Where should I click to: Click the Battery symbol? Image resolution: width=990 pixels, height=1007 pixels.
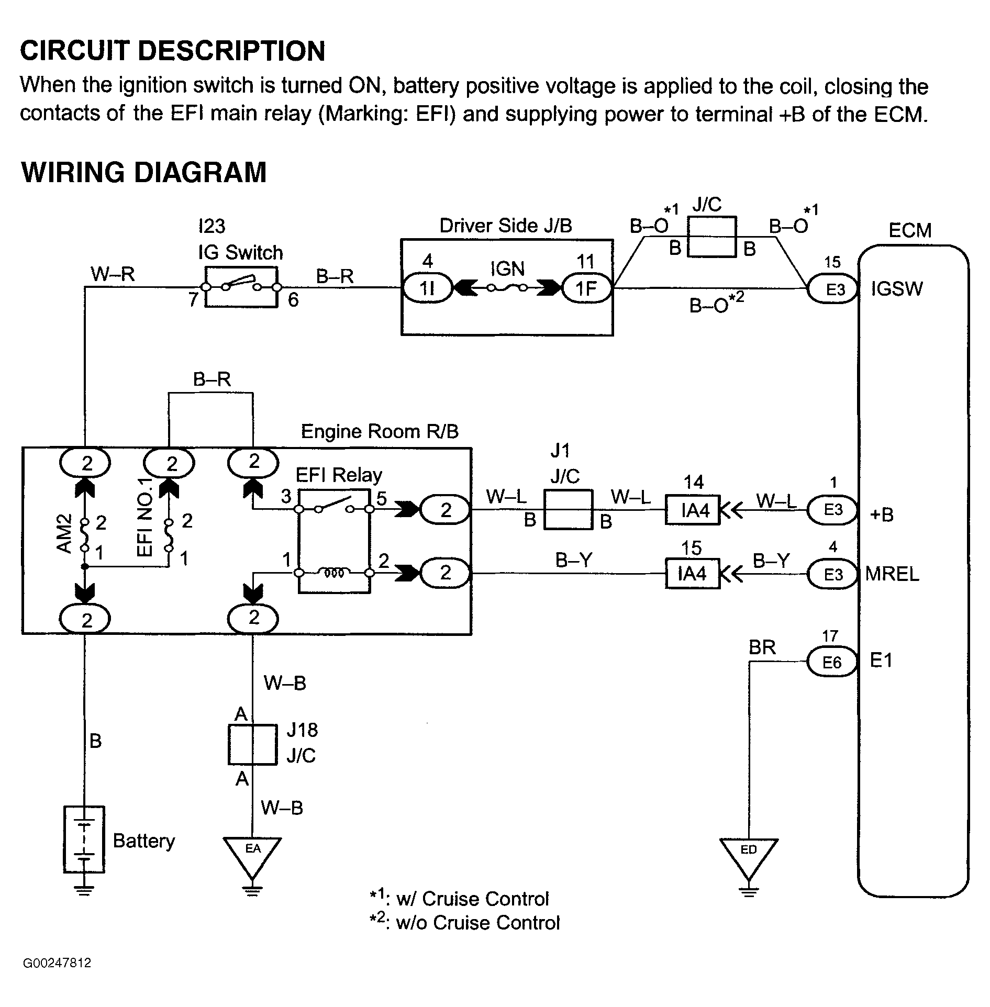[84, 840]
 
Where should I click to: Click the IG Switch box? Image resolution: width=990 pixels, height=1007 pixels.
[241, 287]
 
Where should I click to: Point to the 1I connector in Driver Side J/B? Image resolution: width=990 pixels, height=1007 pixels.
[427, 288]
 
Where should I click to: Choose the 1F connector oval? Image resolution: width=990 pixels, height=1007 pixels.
[586, 288]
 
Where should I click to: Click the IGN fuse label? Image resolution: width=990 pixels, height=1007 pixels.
[507, 269]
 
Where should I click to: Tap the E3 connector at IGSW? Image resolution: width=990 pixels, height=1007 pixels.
[833, 289]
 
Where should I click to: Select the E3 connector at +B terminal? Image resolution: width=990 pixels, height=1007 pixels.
[833, 510]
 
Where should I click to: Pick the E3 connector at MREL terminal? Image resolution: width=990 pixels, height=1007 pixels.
[833, 574]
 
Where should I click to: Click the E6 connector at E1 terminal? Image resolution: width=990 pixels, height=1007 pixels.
[831, 662]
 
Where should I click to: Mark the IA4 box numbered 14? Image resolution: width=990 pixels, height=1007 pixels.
[693, 510]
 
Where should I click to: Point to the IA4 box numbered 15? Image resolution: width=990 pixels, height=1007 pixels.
[692, 574]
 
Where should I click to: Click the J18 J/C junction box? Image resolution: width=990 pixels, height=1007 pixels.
[252, 744]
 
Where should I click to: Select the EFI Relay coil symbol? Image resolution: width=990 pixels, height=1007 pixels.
[334, 574]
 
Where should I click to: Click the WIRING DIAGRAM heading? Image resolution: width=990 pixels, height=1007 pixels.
[144, 172]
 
